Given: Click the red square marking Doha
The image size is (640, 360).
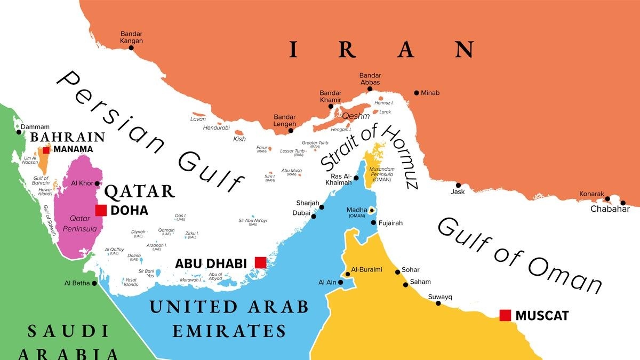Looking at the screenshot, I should pos(101,210).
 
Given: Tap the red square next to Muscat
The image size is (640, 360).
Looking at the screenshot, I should pos(505,315).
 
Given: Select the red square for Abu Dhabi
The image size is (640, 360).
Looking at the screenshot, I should pos(260,262).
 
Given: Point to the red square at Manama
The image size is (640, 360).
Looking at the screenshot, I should pos(46,150).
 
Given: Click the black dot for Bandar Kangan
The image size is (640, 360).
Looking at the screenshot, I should pos(131,48).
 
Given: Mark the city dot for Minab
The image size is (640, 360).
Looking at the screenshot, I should pos(417,93).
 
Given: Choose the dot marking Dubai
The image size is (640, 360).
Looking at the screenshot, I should pos(314,216).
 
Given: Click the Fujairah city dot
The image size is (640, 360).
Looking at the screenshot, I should pos(373,223).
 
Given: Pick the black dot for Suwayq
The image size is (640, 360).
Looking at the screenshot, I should pos(438,303).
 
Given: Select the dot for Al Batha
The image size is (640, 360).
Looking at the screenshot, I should pos(94,283).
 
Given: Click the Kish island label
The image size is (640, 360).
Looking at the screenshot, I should pos(239,139).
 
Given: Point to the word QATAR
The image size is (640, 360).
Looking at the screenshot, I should pos(140,191).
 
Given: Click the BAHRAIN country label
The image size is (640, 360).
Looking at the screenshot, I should pos(60,137).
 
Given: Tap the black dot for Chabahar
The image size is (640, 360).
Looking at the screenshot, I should pos(622,203).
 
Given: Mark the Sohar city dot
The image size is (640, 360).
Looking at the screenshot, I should pos(397,272).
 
